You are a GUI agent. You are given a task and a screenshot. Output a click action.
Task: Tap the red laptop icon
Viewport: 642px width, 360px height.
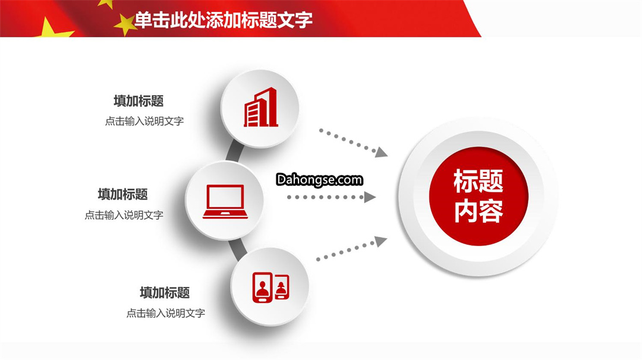[225, 201]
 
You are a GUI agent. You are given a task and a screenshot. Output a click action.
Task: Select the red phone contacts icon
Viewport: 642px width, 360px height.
[271, 287]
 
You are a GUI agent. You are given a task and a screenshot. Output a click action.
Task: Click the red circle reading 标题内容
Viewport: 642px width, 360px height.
[479, 197]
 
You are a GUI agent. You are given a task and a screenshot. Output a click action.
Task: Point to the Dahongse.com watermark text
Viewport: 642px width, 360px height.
[319, 179]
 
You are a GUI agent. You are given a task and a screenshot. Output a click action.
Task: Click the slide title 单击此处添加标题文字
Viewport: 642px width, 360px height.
[224, 20]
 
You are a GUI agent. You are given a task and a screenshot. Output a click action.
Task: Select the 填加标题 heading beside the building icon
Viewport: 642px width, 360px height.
[139, 101]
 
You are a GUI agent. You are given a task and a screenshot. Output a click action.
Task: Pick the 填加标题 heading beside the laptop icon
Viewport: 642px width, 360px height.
[123, 194]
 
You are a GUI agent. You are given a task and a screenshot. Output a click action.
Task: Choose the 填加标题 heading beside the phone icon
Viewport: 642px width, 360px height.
[165, 292]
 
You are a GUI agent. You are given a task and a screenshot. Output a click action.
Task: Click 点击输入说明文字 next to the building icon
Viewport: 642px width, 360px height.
[144, 121]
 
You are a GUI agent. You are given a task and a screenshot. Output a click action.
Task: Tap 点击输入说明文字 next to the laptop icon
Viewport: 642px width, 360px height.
[124, 215]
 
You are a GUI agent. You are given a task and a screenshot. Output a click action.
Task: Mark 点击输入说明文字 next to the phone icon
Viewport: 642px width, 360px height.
[166, 313]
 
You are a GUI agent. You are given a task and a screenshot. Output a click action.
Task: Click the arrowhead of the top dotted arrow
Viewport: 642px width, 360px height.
[381, 152]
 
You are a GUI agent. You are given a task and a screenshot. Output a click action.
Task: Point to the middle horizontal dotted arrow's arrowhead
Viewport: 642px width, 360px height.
[370, 197]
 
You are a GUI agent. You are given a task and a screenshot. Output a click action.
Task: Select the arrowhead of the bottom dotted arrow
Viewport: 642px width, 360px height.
[381, 241]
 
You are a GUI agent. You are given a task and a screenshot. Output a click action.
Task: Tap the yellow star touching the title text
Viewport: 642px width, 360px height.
[125, 24]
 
